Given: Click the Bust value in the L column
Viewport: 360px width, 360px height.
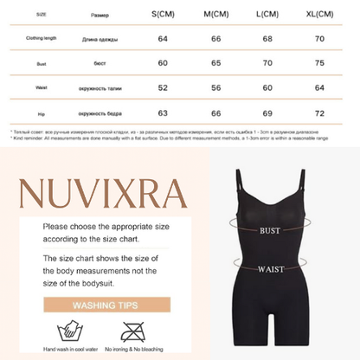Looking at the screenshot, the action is tap(268, 63).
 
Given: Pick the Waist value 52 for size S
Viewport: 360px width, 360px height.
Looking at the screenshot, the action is tap(163, 88).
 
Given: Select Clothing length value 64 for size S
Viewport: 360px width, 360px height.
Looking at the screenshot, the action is tap(163, 38).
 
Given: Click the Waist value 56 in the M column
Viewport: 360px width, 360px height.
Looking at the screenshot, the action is tap(216, 88).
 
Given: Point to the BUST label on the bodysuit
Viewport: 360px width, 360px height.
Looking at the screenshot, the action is tap(270, 231).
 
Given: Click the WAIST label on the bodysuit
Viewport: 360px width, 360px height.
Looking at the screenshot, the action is tap(270, 269).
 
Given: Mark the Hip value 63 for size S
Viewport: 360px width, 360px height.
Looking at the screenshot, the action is tap(163, 113).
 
